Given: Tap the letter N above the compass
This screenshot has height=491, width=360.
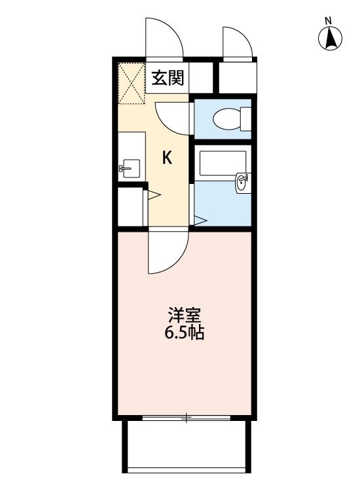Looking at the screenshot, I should click(x=331, y=20).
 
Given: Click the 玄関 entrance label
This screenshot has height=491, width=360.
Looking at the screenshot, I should click(x=168, y=79).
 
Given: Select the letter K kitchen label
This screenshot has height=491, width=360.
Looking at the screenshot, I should click(x=168, y=158).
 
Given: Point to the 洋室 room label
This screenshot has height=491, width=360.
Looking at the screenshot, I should click(x=184, y=315).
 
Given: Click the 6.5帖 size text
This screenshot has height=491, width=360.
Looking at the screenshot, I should click(x=184, y=333).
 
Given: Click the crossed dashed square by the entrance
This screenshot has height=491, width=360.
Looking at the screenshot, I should click(x=130, y=84).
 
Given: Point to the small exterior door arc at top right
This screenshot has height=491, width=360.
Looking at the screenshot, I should click(x=237, y=43).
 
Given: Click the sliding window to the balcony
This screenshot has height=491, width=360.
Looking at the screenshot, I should click(x=187, y=417).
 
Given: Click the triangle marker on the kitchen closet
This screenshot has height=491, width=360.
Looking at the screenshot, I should click(x=154, y=194).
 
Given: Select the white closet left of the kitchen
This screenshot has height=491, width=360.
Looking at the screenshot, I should click(x=130, y=207).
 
